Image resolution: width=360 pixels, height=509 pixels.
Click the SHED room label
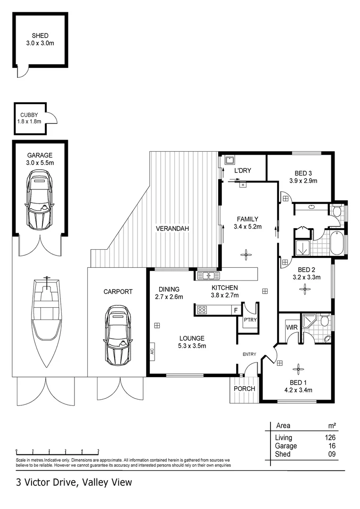pos(40,35)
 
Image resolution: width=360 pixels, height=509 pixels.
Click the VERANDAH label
pos(172,229)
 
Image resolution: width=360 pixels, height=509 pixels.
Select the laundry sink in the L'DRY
pos(229,160)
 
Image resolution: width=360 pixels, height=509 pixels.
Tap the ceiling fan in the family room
pos(245,255)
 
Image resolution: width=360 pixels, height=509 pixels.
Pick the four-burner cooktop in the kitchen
pos(203,310)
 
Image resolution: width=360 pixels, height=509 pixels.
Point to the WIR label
pos(290,327)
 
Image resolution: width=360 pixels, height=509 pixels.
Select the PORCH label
pos(244,389)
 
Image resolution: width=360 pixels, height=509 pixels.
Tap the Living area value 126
pos(329,438)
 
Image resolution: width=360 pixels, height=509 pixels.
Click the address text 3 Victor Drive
pos(47,482)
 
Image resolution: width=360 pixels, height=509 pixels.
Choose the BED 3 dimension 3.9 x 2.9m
pos(303,181)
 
